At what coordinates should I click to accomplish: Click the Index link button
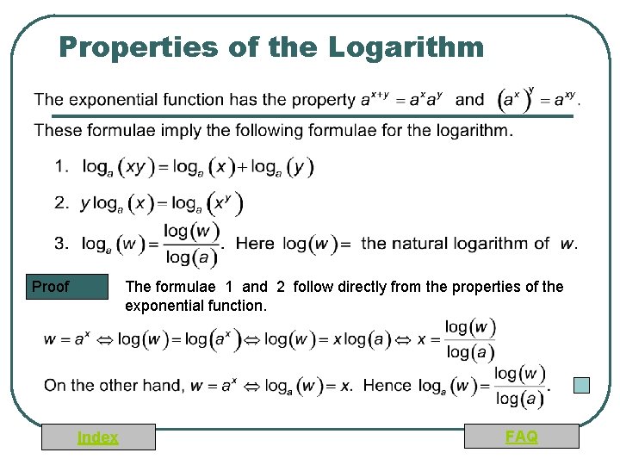[98, 437]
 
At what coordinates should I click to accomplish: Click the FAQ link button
[522, 437]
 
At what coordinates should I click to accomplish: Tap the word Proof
[50, 287]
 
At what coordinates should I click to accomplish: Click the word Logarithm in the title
[406, 46]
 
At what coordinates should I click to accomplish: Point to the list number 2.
[61, 203]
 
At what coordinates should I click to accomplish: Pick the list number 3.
[61, 244]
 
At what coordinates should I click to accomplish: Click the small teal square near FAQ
[582, 386]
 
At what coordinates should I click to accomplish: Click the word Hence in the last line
[387, 385]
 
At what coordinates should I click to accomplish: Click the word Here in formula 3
[255, 244]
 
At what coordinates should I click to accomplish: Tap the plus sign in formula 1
[244, 165]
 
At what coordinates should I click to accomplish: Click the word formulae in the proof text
[189, 287]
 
